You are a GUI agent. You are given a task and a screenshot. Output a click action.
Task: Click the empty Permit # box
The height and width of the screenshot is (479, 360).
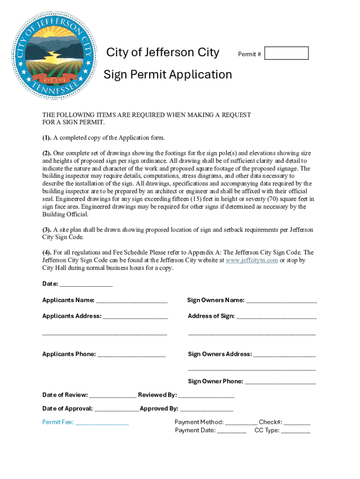coord(286,53)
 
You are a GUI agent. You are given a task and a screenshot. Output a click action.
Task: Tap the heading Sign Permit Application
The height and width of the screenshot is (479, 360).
coord(167,75)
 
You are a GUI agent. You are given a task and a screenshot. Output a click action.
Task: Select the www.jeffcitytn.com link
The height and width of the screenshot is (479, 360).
coord(252,261)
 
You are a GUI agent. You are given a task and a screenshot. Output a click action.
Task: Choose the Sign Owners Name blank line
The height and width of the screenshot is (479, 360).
coord(281,301)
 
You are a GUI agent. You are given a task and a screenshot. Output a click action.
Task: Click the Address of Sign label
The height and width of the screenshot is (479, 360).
coord(211,316)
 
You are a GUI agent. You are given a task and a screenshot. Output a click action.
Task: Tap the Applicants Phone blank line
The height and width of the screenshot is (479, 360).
coord(132,355)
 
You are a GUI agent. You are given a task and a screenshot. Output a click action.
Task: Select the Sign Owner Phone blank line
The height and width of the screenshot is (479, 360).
coord(280,382)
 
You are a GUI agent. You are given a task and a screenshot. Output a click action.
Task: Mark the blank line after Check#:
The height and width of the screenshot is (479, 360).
coord(297,422)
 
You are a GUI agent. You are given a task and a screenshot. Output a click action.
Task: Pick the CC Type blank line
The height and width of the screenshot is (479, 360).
coord(295,431)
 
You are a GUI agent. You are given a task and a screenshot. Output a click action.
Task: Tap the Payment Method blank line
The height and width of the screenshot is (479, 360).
coord(241,422)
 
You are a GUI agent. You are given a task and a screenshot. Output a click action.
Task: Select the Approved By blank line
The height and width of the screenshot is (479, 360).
coord(206,409)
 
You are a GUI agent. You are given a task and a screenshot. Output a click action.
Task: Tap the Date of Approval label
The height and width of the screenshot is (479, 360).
coord(67,409)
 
